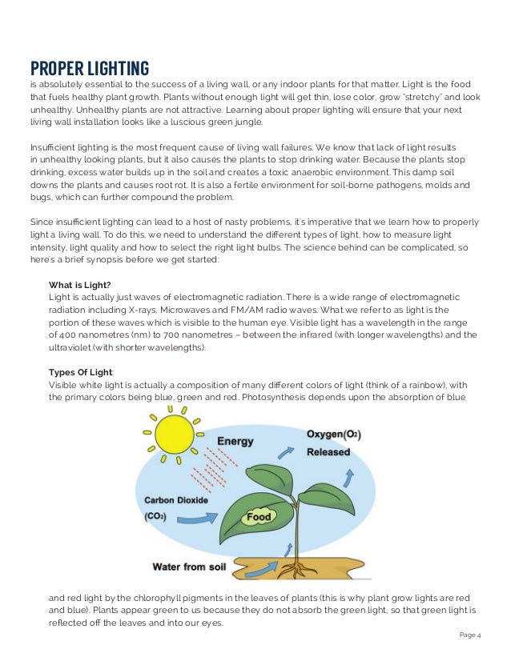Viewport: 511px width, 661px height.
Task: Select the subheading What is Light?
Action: coord(79,285)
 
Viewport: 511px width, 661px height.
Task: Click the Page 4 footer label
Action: coord(470,636)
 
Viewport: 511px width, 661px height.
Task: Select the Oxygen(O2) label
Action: coord(333,435)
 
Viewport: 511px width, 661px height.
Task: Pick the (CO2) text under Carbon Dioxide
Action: coord(155,516)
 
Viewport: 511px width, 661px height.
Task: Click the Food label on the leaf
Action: coord(259,517)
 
